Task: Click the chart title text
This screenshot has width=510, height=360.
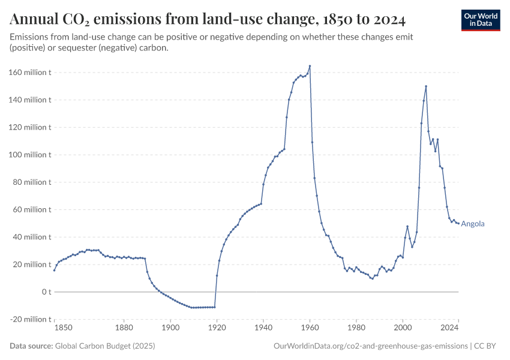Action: [208, 20]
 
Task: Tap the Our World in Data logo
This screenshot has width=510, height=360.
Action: [481, 20]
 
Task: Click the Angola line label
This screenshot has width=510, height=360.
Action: [473, 224]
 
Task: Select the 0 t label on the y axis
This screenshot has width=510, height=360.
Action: [46, 292]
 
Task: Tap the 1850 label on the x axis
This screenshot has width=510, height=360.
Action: [63, 328]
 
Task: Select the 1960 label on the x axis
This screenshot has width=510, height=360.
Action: [310, 328]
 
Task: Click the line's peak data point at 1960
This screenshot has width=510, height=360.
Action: [310, 66]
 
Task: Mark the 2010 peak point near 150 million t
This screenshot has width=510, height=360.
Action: [426, 86]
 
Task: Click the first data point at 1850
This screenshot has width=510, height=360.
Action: [54, 270]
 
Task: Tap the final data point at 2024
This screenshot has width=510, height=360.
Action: [458, 223]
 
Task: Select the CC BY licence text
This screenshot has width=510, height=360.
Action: [487, 346]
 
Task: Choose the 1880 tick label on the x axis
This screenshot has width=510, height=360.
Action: [124, 328]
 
